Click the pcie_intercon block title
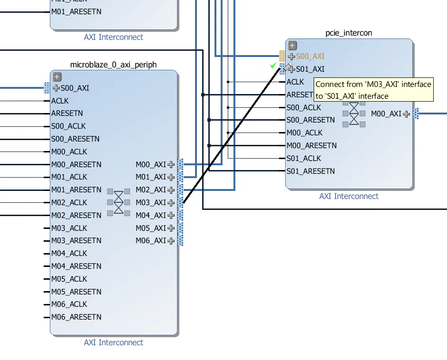349,33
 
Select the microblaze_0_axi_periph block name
113,65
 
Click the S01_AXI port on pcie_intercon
310,69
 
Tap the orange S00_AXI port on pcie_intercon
310,57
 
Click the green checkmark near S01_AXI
273,65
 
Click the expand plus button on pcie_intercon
292,46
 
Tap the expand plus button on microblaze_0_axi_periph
57,77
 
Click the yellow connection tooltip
373,90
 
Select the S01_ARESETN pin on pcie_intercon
310,171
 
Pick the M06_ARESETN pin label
76,317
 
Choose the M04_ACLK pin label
69,254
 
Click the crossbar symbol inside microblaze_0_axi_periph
118,203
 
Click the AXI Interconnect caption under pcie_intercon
349,196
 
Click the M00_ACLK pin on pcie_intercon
304,133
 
